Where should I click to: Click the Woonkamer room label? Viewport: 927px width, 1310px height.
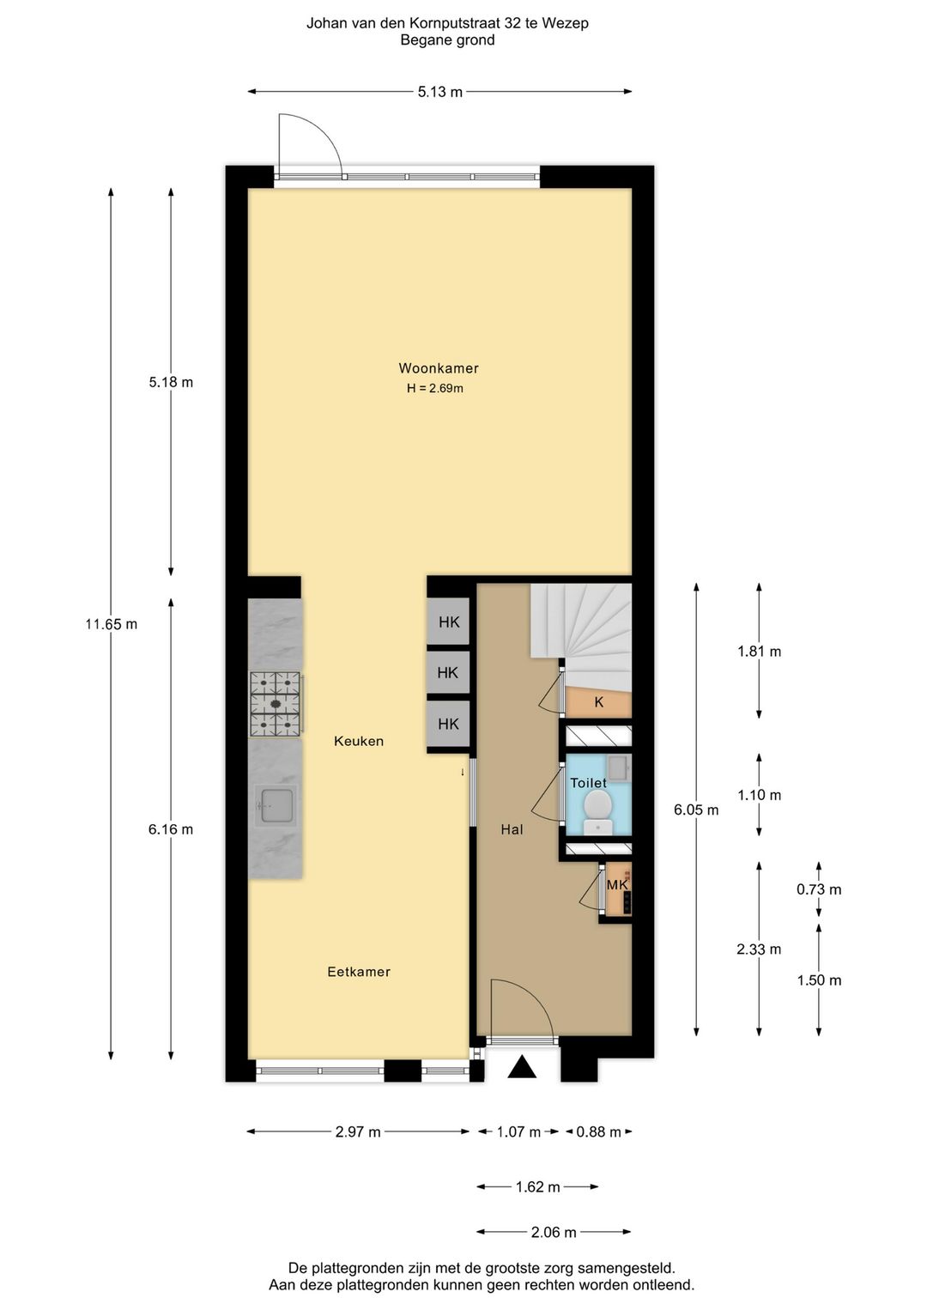pyautogui.click(x=438, y=368)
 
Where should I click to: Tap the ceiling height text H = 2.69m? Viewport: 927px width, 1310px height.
pyautogui.click(x=435, y=388)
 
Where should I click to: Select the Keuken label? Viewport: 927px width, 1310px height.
pyautogui.click(x=359, y=741)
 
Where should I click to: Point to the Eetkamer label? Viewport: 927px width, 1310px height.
pyautogui.click(x=359, y=972)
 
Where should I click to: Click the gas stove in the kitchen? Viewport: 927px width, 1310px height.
pyautogui.click(x=276, y=704)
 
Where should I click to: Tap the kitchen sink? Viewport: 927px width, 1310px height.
pyautogui.click(x=276, y=805)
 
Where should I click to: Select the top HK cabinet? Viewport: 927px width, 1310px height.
pyautogui.click(x=449, y=622)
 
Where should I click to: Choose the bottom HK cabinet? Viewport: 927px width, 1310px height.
pyautogui.click(x=449, y=724)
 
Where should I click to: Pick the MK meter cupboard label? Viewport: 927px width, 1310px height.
pyautogui.click(x=618, y=885)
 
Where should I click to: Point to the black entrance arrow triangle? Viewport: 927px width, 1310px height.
pyautogui.click(x=522, y=1067)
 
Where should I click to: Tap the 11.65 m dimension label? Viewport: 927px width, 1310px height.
pyautogui.click(x=111, y=624)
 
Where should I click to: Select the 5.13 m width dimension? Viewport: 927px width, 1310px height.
pyautogui.click(x=439, y=92)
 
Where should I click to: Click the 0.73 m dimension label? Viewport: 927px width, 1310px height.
pyautogui.click(x=819, y=889)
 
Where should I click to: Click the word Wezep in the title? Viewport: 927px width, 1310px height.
pyautogui.click(x=565, y=23)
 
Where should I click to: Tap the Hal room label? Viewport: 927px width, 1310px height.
pyautogui.click(x=512, y=829)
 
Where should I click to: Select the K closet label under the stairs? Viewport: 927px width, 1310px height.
pyautogui.click(x=599, y=702)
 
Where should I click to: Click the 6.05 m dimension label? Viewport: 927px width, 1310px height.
pyautogui.click(x=696, y=810)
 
